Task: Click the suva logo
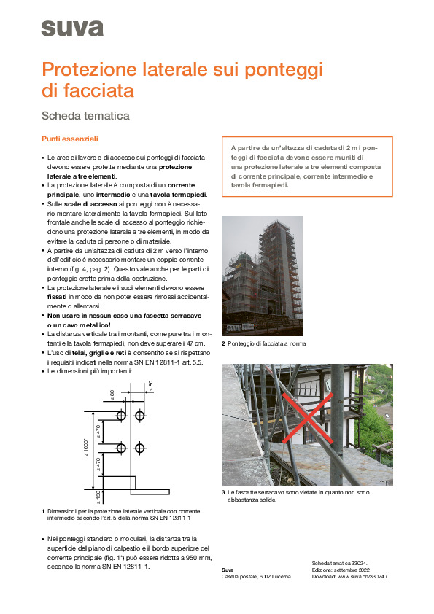point(72,28)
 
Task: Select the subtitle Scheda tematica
point(85,115)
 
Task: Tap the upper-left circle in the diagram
point(121,415)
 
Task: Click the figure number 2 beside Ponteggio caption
point(223,343)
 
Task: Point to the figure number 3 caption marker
point(223,494)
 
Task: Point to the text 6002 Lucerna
point(274,576)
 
